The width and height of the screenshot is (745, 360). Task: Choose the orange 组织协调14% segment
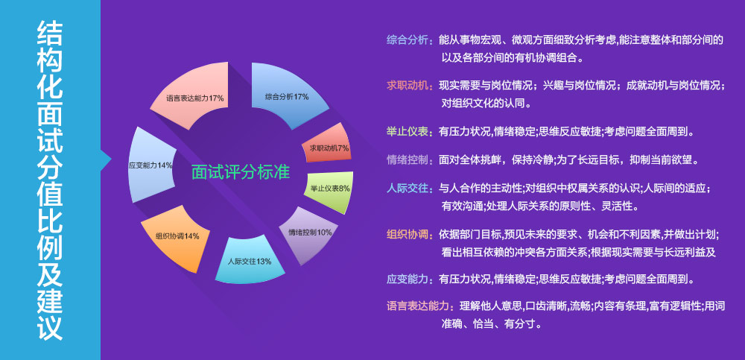[x=177, y=238]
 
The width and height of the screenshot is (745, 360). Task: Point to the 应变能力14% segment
[x=151, y=164]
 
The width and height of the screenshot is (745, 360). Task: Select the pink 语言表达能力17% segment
[x=196, y=97]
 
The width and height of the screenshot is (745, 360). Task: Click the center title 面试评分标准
[x=241, y=172]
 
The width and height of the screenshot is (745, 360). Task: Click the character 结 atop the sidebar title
[x=50, y=34]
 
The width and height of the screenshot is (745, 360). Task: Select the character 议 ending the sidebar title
[x=50, y=326]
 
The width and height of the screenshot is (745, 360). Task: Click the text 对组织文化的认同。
[x=486, y=104]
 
